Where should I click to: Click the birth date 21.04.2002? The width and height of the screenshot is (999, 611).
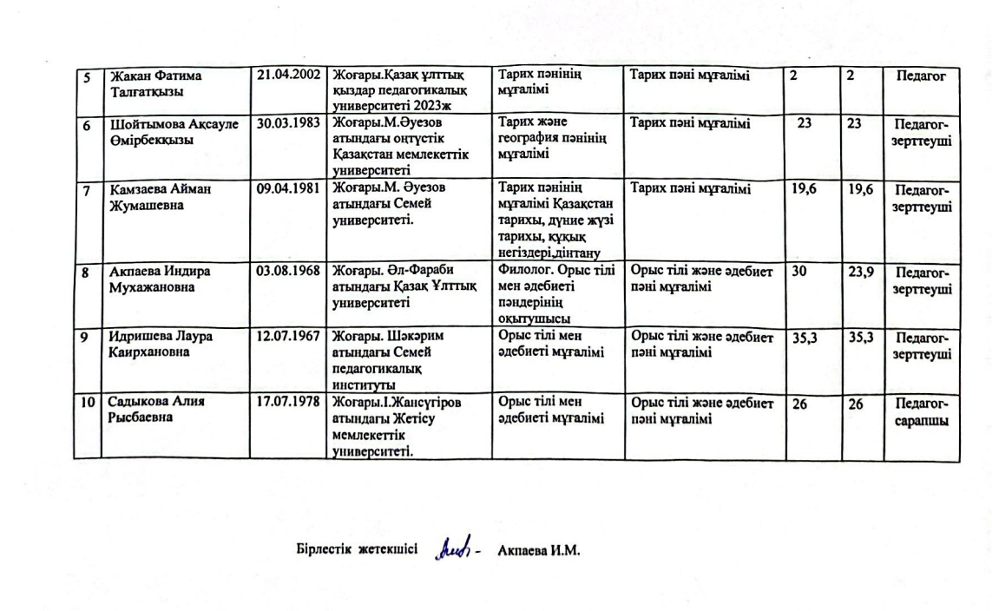pos(288,76)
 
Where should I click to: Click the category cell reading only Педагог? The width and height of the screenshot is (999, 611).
pos(921,76)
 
